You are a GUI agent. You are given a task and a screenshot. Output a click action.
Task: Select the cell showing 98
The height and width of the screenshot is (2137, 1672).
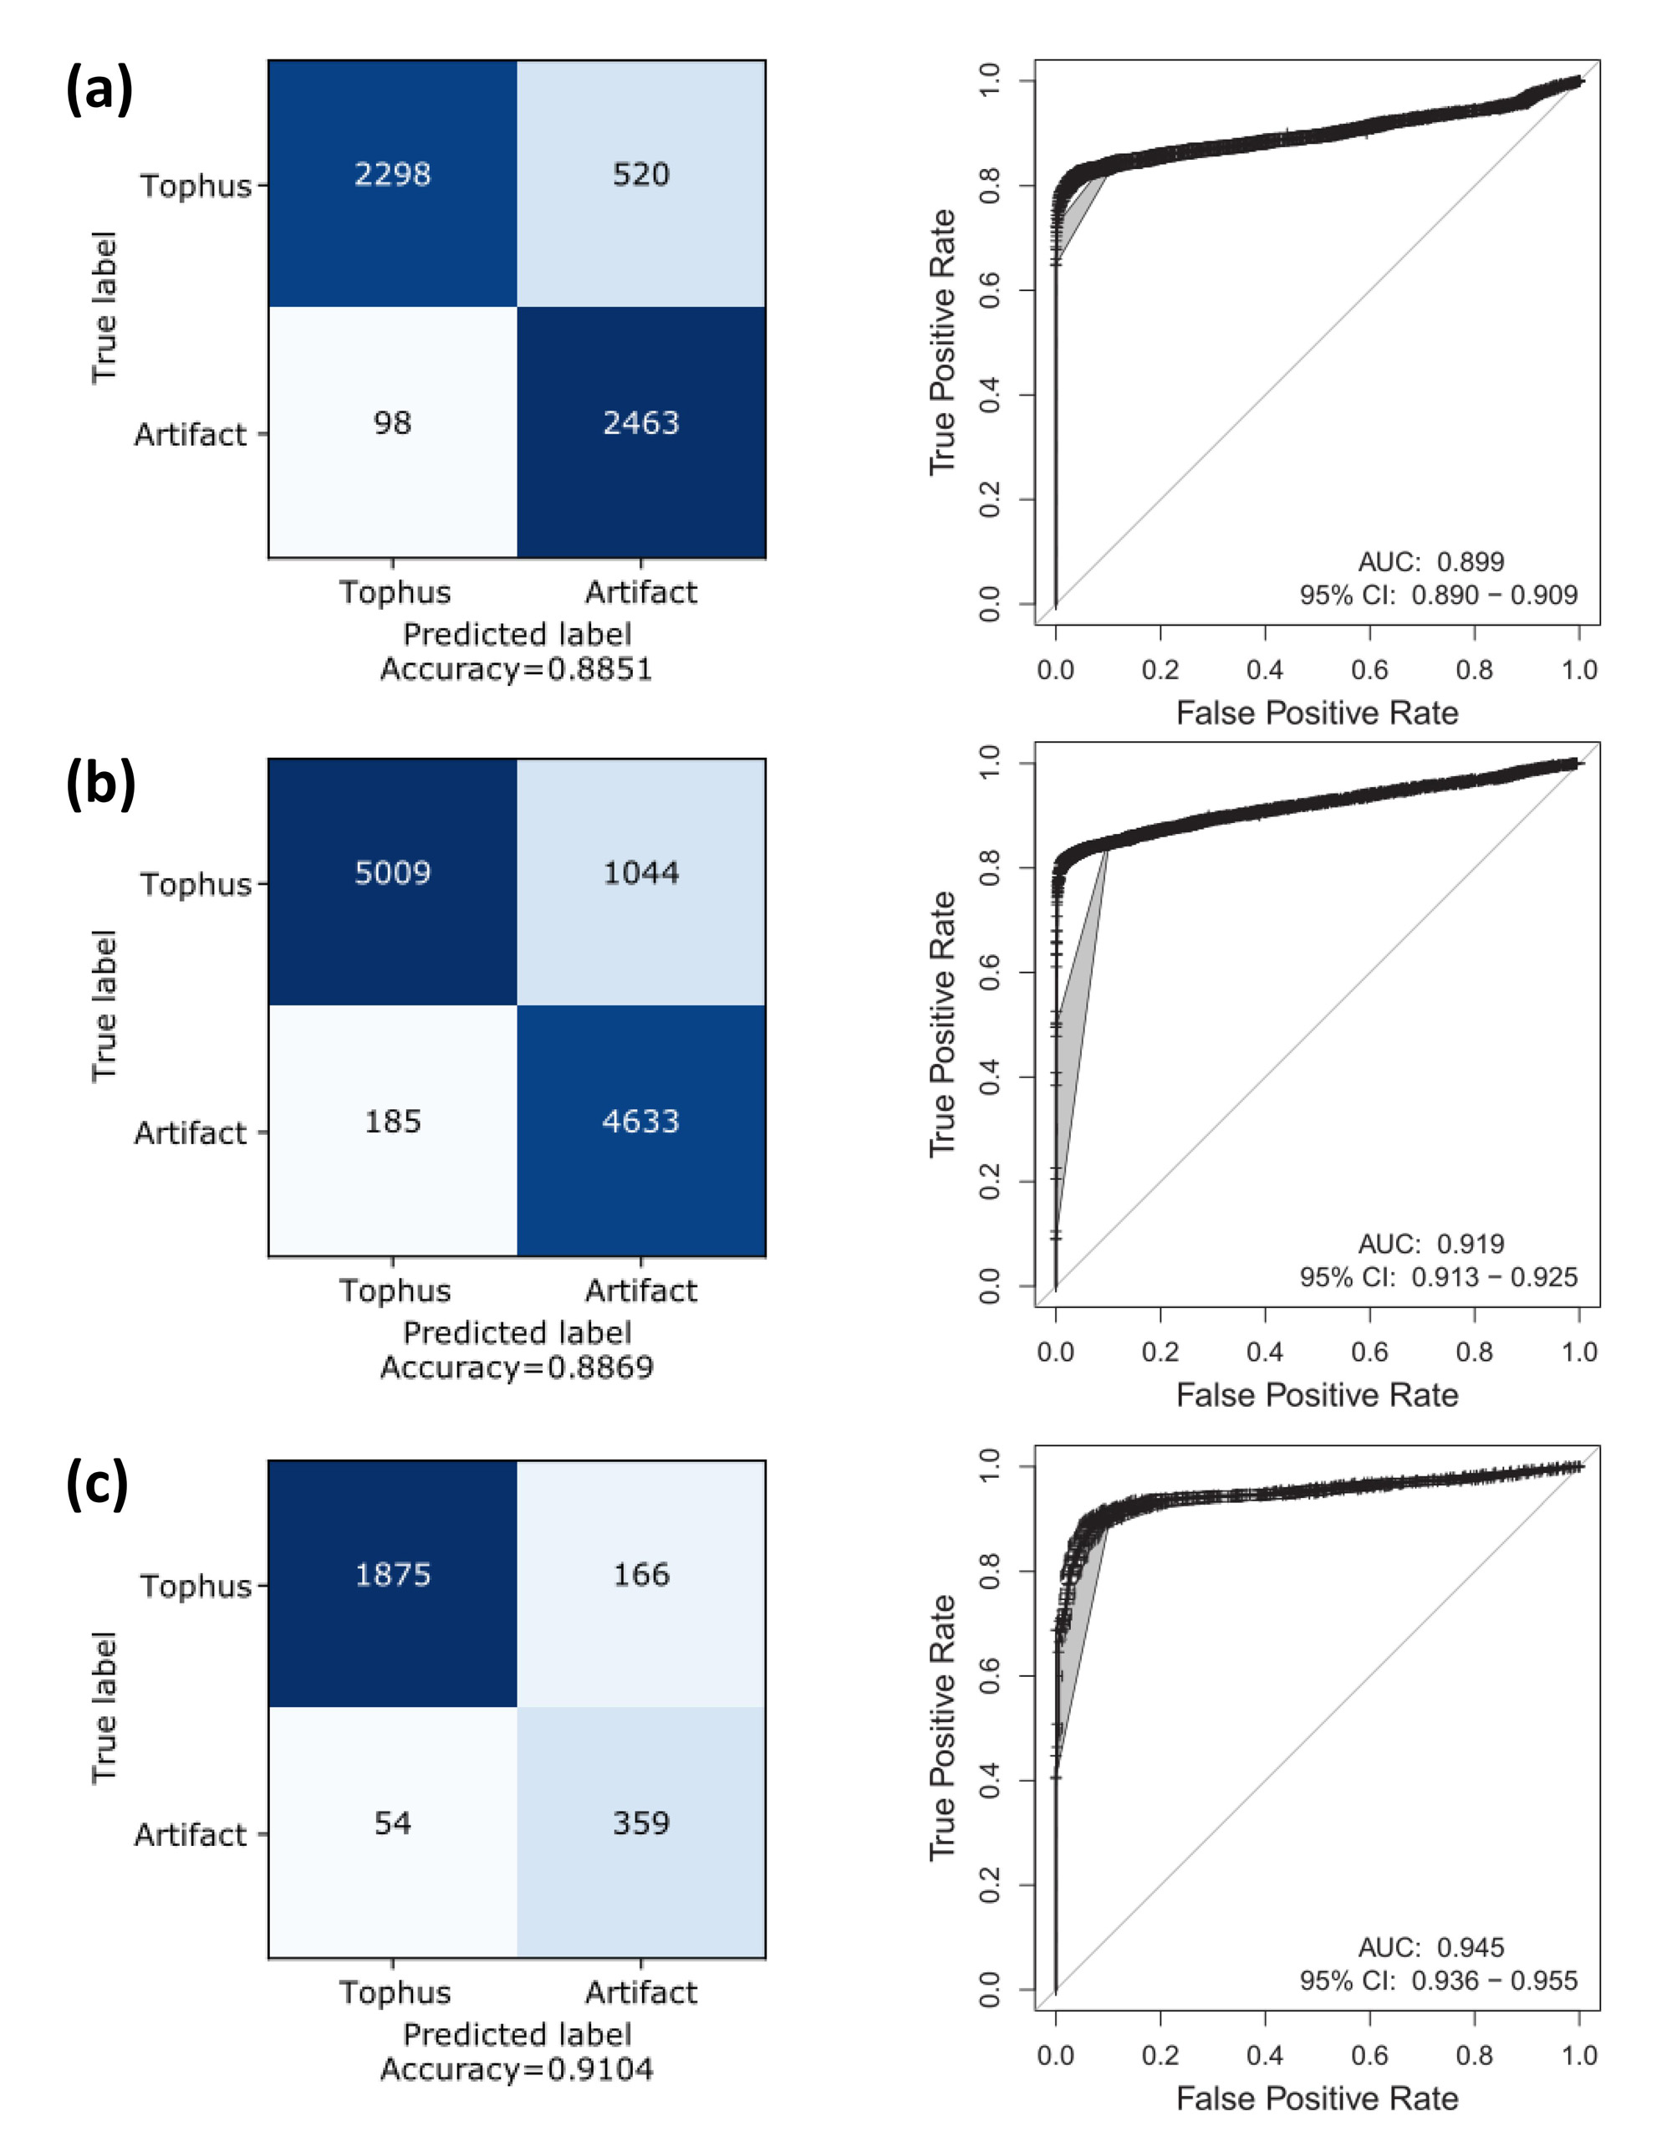393,423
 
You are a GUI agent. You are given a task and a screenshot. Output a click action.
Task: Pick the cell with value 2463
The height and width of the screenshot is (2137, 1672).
641,423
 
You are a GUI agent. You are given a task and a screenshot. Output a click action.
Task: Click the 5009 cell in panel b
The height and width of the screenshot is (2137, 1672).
393,872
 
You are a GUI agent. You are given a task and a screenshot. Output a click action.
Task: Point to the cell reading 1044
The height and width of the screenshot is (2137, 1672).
641,872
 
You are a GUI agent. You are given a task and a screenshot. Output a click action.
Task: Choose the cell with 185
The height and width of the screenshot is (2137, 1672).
393,1122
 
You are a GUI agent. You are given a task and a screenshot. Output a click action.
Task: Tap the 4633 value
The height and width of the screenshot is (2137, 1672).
641,1122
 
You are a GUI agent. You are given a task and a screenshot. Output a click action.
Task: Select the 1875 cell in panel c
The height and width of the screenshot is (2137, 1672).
393,1575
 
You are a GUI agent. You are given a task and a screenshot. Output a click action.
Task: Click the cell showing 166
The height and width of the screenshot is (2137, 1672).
641,1575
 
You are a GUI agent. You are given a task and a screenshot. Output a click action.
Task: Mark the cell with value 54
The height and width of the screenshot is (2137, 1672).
393,1823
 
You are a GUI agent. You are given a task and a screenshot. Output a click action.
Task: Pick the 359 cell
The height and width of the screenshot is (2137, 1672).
641,1823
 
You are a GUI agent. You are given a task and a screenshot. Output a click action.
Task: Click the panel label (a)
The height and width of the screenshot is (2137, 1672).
99,90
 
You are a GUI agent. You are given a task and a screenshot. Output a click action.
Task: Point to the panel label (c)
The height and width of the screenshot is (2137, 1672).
97,1485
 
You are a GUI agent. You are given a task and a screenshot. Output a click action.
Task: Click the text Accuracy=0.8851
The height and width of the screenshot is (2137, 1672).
517,670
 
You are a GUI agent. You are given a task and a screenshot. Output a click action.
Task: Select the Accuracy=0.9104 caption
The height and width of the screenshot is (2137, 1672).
517,2070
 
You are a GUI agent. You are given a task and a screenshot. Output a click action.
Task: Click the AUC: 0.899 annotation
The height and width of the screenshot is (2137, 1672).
1430,562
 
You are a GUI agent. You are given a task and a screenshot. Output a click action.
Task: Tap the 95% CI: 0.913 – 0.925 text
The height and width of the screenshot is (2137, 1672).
1438,1277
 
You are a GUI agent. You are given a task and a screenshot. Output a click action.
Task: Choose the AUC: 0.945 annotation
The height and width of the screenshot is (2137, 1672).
1430,1947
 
